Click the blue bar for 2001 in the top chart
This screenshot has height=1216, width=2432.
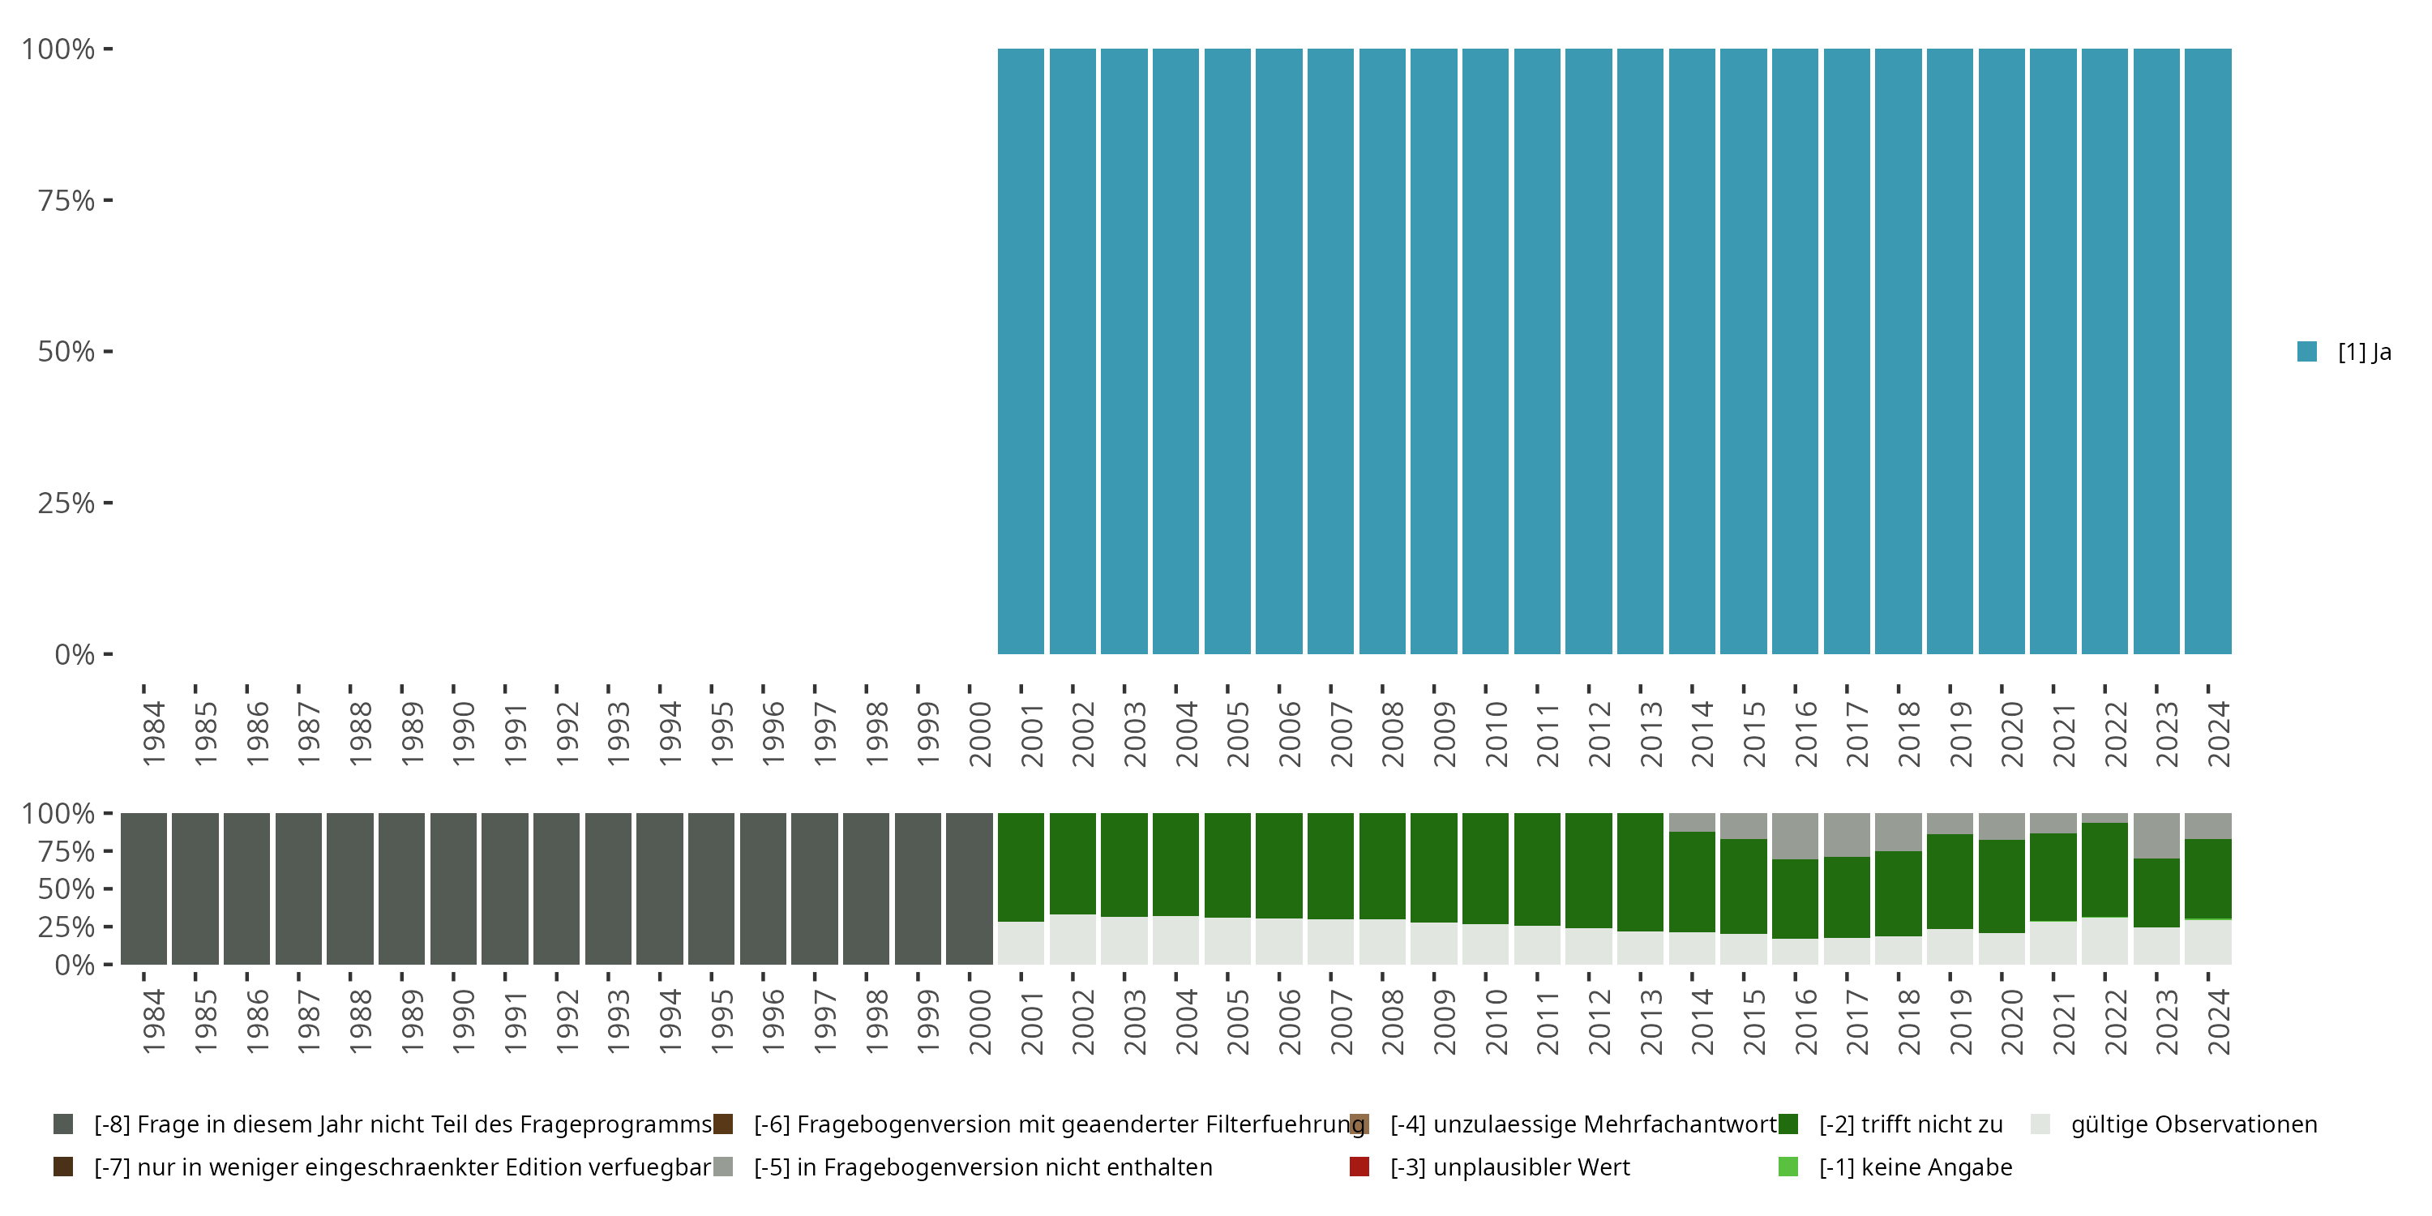click(1021, 351)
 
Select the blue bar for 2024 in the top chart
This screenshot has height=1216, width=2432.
click(2207, 351)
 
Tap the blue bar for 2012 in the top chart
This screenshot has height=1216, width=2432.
click(1588, 351)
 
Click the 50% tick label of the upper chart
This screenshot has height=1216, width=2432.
click(66, 352)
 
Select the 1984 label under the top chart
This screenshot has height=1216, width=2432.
click(154, 734)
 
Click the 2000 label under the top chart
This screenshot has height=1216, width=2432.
click(980, 734)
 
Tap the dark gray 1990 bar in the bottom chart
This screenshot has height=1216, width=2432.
click(453, 888)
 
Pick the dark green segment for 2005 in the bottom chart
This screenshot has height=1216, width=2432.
click(1227, 865)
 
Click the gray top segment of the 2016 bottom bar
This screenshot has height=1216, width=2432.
click(1795, 836)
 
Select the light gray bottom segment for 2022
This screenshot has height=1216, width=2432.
click(2104, 940)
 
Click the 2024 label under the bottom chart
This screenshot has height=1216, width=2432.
click(2219, 1021)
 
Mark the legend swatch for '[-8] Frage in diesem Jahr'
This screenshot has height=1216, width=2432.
click(63, 1124)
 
